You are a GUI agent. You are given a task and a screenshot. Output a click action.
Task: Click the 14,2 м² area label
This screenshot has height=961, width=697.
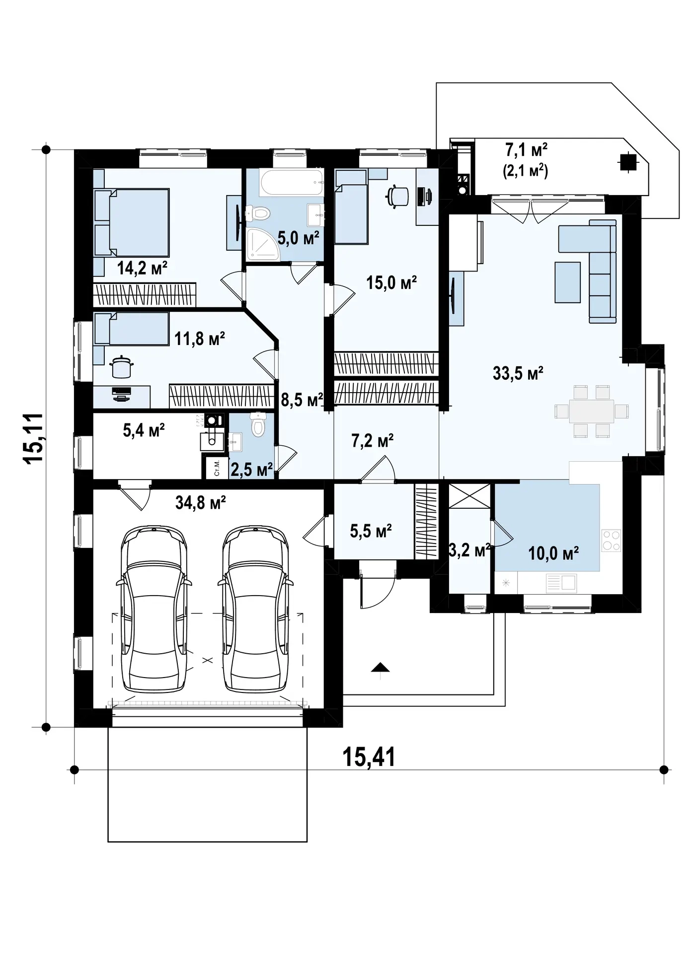[x=142, y=268]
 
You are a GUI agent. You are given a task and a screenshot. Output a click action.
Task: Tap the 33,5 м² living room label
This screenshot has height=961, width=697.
[x=518, y=373]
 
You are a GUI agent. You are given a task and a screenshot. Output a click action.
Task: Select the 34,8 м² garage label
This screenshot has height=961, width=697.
[x=201, y=503]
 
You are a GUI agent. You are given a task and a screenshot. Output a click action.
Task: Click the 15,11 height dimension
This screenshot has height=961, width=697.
[x=35, y=439]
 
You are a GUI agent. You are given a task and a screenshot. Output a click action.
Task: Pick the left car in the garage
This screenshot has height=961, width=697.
[x=154, y=608]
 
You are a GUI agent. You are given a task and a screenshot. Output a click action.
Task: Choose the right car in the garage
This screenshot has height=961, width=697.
[x=256, y=608]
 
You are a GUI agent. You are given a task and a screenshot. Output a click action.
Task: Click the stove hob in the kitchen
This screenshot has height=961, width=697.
[x=612, y=540]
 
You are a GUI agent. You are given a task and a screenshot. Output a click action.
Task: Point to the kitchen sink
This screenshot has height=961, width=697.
[x=561, y=583]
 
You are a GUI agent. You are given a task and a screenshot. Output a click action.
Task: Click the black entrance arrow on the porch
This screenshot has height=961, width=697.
[x=380, y=669]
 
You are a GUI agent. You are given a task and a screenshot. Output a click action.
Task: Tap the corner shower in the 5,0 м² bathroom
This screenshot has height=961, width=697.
[x=263, y=244]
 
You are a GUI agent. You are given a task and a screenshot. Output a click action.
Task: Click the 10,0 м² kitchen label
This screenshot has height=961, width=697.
[x=553, y=553]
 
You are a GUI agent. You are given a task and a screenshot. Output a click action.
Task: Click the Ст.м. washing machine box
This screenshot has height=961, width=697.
[x=217, y=468]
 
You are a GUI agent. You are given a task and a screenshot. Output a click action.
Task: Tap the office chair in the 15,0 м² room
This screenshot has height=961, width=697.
[x=398, y=195]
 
